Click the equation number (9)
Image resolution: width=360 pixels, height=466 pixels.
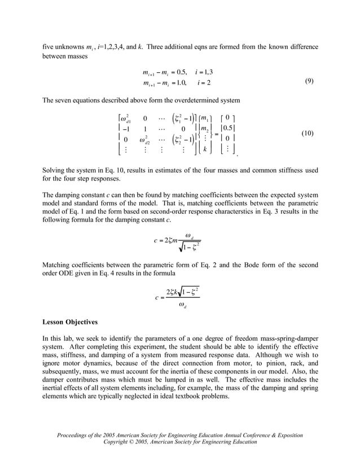(x=309, y=81)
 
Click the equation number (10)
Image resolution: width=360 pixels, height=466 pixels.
(x=307, y=134)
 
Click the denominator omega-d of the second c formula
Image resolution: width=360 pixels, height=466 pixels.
(x=182, y=306)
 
